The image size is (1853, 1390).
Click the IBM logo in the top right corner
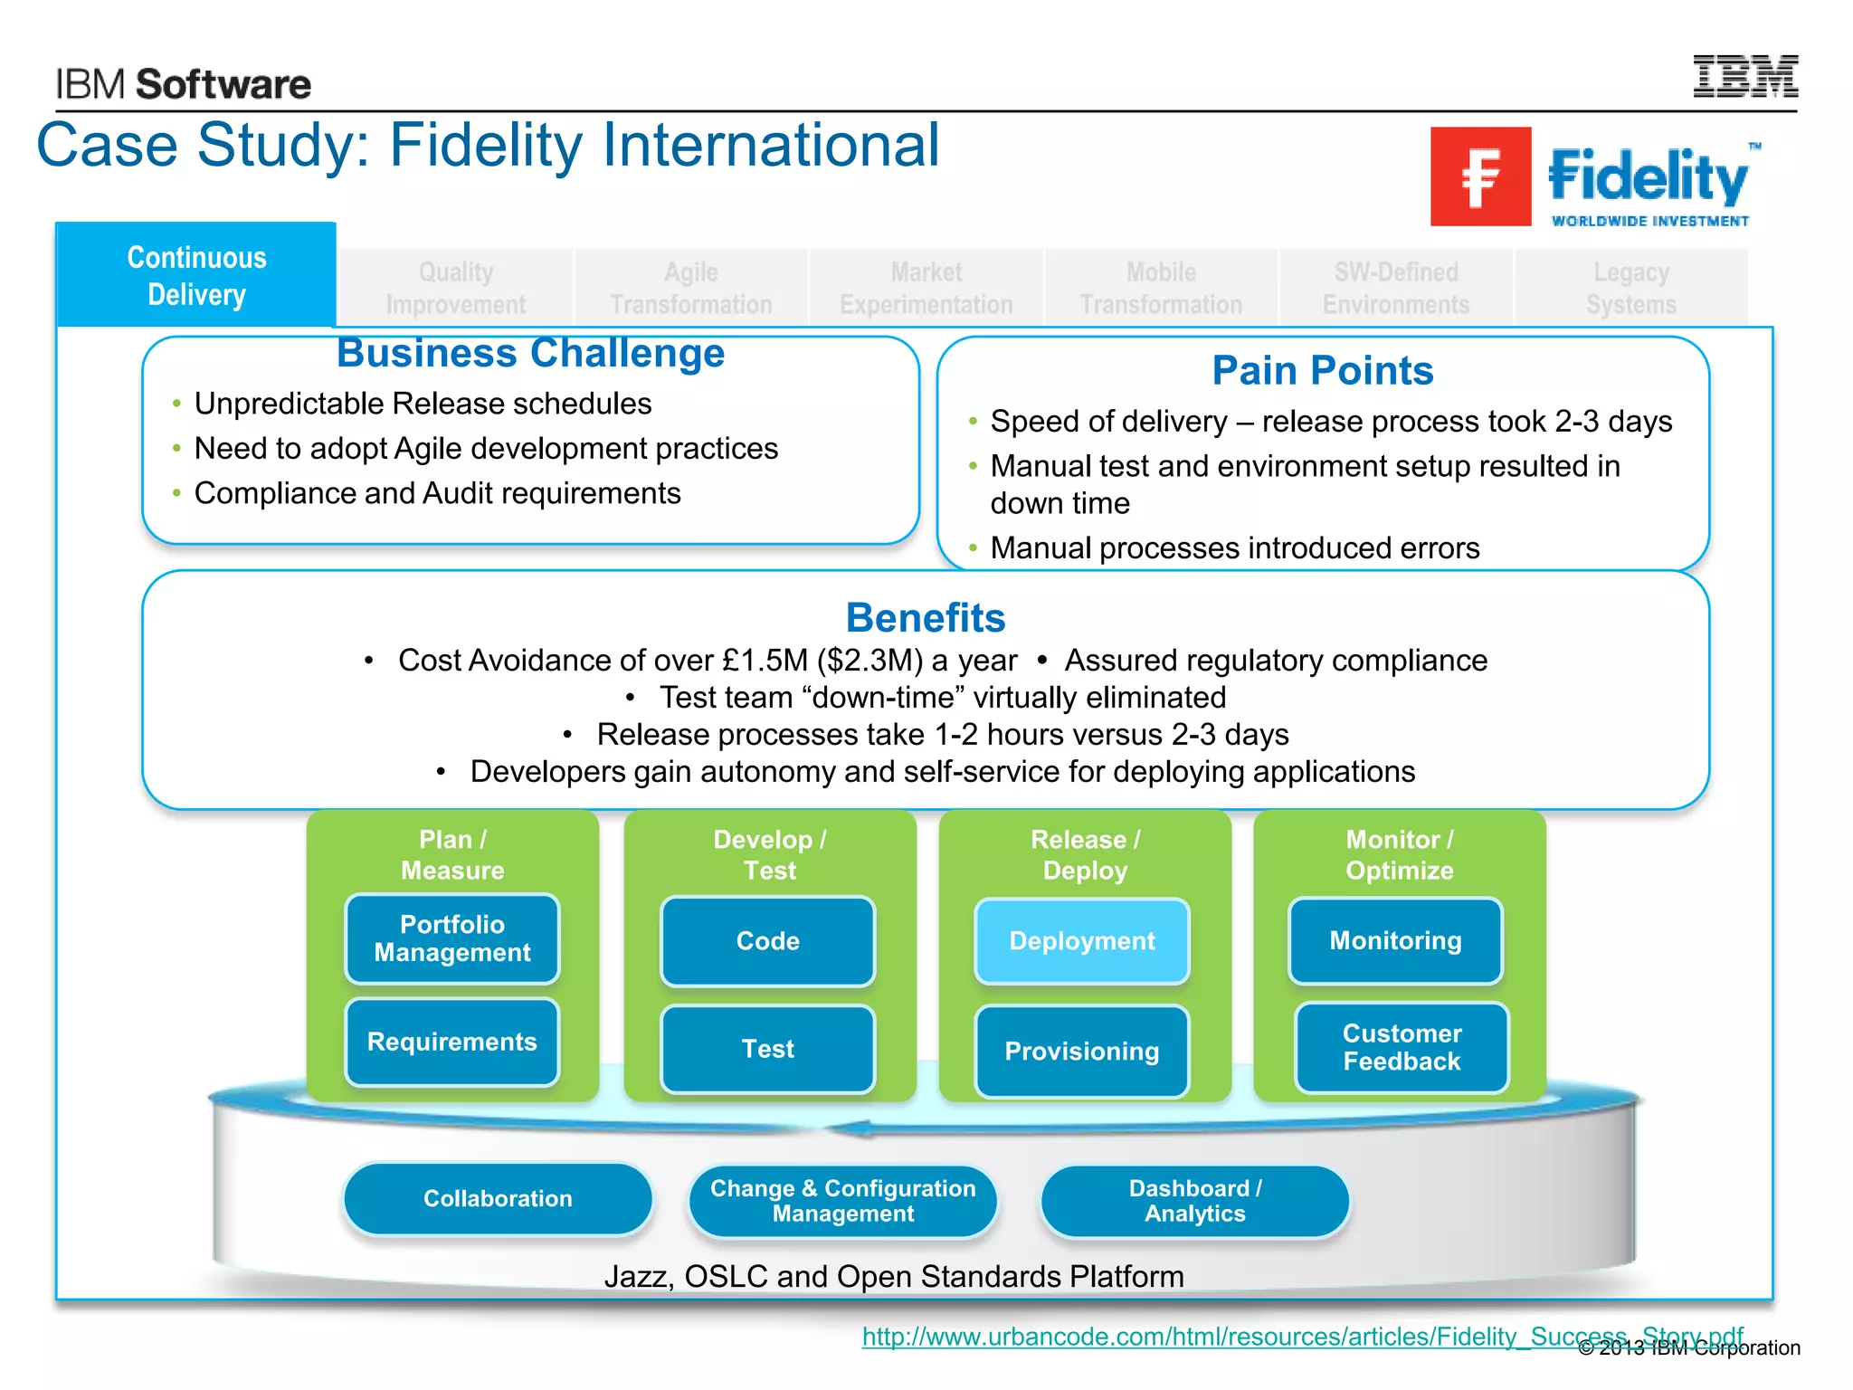click(x=1744, y=77)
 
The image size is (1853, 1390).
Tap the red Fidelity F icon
click(x=1480, y=176)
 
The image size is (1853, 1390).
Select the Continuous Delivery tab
click(x=196, y=276)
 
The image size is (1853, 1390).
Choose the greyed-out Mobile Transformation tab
click(x=1161, y=288)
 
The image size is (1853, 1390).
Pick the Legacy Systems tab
click(x=1630, y=288)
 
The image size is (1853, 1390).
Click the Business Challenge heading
click(x=530, y=353)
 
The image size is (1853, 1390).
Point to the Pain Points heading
click(x=1322, y=370)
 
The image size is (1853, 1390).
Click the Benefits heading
click(x=925, y=618)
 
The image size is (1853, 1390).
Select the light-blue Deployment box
click(x=1081, y=941)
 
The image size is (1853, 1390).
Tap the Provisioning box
click(x=1081, y=1051)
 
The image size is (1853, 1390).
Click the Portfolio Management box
click(x=452, y=938)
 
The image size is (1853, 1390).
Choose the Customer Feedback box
click(x=1402, y=1047)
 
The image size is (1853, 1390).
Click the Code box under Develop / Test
click(x=767, y=941)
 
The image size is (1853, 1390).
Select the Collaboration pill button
click(x=498, y=1198)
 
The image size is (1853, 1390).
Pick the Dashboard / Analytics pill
click(x=1194, y=1201)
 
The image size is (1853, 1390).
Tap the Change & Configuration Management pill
click(x=842, y=1201)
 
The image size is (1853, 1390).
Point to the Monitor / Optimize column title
click(x=1399, y=854)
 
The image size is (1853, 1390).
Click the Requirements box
click(x=452, y=1042)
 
